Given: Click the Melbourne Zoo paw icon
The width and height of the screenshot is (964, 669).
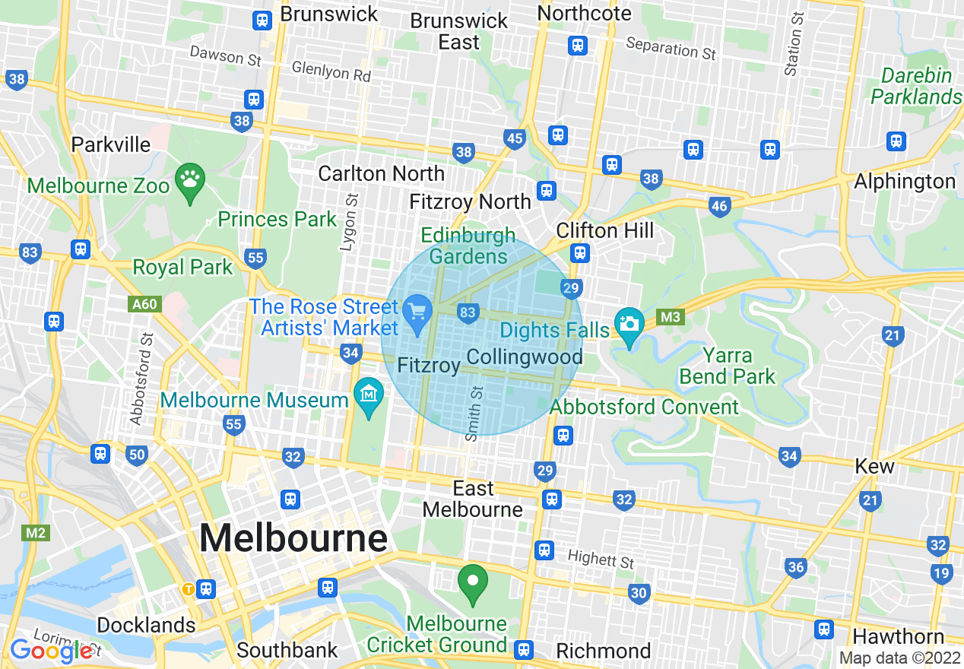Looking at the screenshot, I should click(189, 181).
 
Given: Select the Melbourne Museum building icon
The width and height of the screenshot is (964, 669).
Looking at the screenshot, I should click(369, 395).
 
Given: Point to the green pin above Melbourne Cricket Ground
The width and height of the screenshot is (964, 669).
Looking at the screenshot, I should click(473, 583).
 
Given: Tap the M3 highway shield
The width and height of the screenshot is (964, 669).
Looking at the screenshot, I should click(670, 317).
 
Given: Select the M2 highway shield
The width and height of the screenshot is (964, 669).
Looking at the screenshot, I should click(36, 532).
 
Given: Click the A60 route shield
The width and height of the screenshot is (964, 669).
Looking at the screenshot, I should click(144, 305).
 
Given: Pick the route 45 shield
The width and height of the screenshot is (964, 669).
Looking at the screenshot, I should click(515, 138).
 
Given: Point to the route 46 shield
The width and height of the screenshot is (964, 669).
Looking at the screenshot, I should click(719, 205).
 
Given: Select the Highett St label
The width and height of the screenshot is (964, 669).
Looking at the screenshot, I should click(601, 560).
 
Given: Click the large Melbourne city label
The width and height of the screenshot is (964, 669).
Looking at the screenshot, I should click(293, 538).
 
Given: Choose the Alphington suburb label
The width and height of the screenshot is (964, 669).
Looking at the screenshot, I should click(905, 182).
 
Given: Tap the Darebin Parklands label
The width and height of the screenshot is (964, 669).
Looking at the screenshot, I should click(916, 87).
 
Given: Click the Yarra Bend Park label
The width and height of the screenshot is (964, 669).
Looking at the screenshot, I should click(728, 366).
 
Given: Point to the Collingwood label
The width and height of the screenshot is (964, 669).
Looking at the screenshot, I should click(525, 357).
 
